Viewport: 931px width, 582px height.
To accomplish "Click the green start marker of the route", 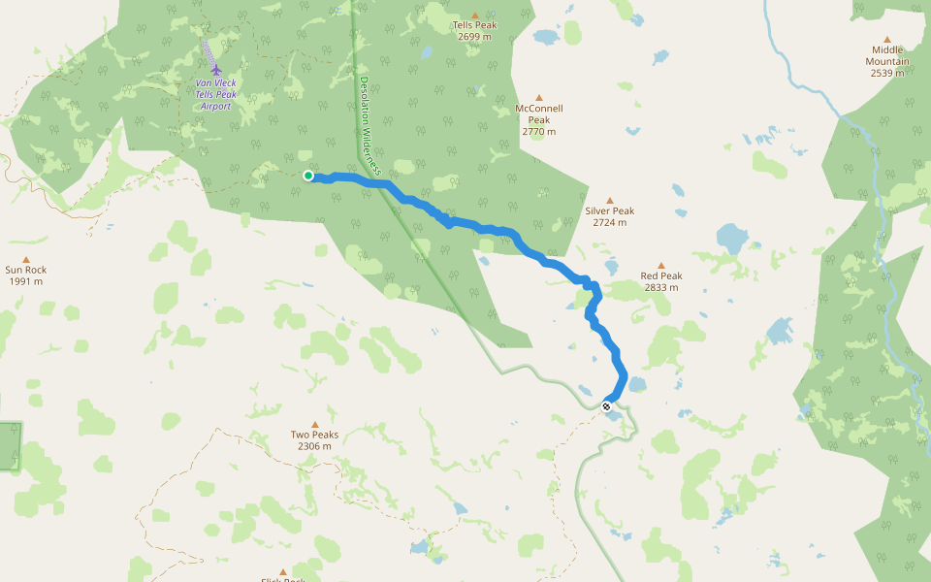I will pyautogui.click(x=307, y=176).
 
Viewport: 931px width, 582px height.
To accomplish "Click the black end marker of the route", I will pyautogui.click(x=606, y=406).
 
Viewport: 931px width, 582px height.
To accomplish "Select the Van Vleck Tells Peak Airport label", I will pyautogui.click(x=214, y=94).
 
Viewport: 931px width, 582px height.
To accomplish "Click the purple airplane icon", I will pyautogui.click(x=215, y=70).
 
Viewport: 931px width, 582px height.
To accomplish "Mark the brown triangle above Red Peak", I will pyautogui.click(x=661, y=265).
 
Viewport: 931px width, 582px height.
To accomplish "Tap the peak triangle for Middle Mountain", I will pyautogui.click(x=886, y=39).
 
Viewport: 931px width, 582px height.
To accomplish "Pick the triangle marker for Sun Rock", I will pyautogui.click(x=26, y=259).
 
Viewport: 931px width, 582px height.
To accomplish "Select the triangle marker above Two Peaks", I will pyautogui.click(x=315, y=423).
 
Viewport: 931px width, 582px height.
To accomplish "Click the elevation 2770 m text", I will pyautogui.click(x=539, y=132).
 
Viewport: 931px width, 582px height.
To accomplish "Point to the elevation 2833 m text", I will pyautogui.click(x=661, y=287).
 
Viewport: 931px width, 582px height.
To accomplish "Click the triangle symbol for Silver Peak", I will pyautogui.click(x=610, y=200).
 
